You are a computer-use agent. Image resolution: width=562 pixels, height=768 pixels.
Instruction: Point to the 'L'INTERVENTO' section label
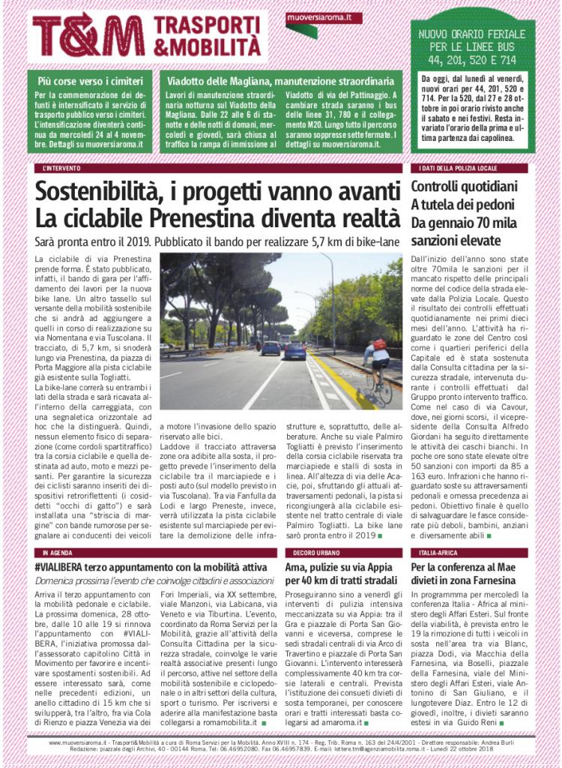point(61,169)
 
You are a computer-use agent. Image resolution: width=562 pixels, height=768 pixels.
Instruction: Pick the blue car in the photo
point(295,350)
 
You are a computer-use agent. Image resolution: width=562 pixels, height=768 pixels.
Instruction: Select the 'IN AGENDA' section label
point(56,553)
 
